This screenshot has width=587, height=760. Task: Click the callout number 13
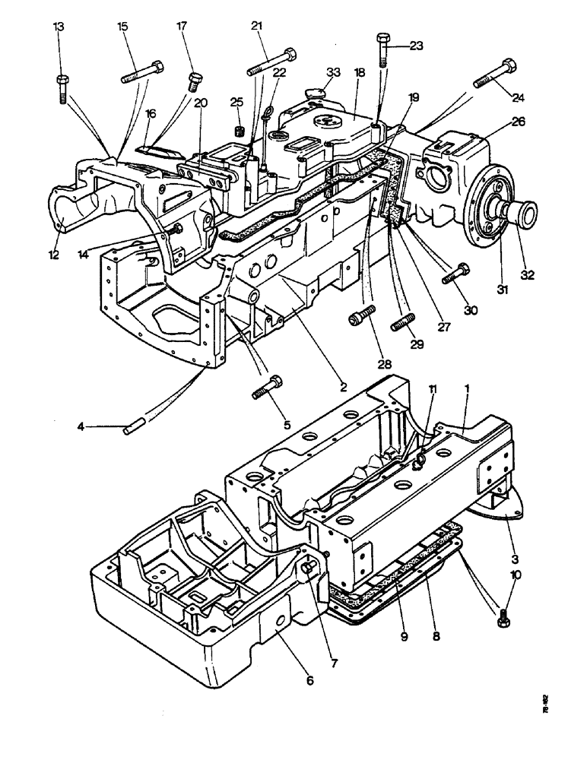59,27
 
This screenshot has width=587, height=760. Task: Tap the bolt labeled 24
495,73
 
